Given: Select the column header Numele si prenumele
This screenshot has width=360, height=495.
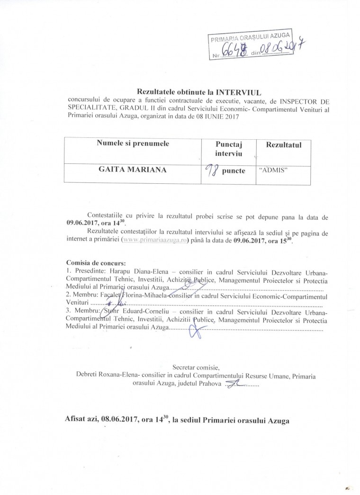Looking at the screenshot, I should (x=133, y=143).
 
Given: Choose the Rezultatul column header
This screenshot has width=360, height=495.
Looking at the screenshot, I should (x=284, y=144).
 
